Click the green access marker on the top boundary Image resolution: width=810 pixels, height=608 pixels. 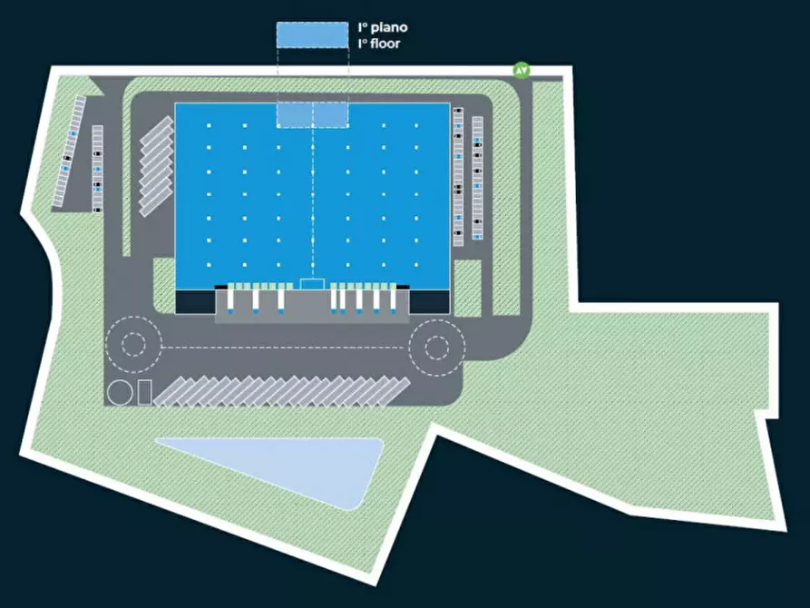(x=522, y=70)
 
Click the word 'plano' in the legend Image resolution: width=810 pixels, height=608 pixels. (x=389, y=28)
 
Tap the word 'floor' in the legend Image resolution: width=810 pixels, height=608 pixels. (x=385, y=44)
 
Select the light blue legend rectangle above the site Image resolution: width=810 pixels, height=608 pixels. (x=312, y=35)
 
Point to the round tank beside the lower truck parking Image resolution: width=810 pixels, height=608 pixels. (x=120, y=393)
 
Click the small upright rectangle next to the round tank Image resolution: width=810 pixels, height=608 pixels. (x=144, y=392)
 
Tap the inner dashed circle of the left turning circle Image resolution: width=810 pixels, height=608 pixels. (x=133, y=344)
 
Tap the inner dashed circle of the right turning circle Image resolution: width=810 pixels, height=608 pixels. (x=437, y=348)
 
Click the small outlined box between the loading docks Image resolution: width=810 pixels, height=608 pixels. (x=312, y=284)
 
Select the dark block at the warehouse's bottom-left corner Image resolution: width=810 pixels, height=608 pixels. (x=195, y=302)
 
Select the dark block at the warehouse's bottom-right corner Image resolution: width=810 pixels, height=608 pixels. (x=429, y=302)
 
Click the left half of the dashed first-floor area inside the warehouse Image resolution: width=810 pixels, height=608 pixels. (x=295, y=114)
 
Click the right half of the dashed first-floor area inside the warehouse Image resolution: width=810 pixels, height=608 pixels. (x=330, y=114)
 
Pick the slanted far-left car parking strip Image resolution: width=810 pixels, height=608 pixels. (x=69, y=152)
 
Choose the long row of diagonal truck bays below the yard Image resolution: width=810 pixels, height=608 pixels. (x=282, y=391)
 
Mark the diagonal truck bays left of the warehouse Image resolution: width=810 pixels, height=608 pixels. (x=157, y=166)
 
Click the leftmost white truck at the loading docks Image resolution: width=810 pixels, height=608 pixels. (x=230, y=299)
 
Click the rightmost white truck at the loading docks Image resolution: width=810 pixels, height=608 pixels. (x=393, y=299)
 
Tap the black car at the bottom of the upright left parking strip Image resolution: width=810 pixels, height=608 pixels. (x=97, y=210)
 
